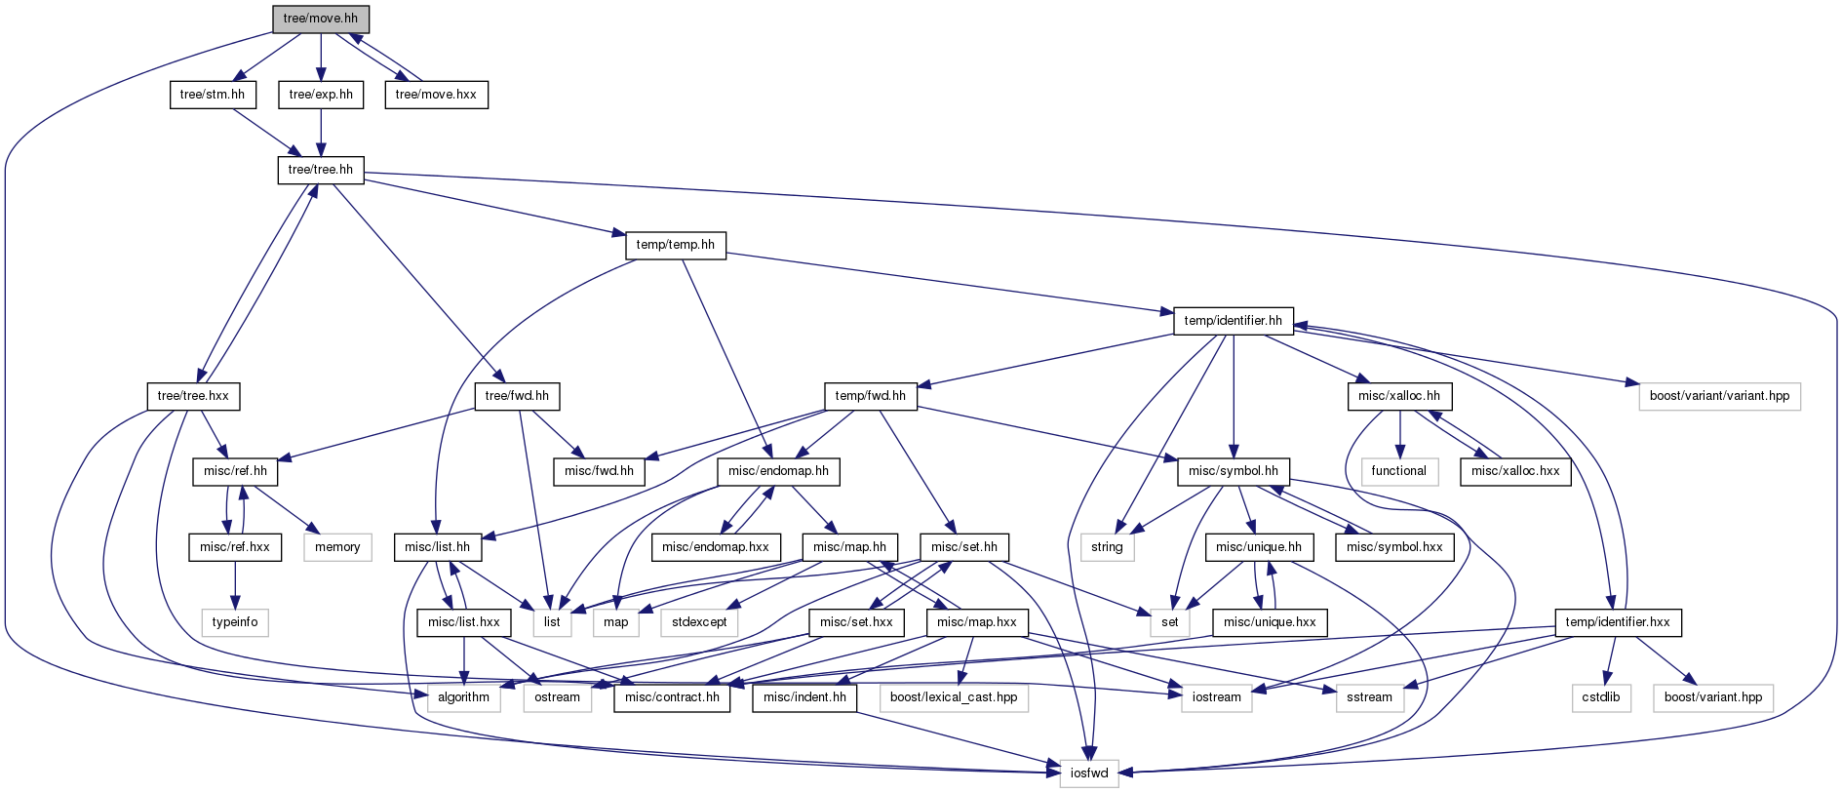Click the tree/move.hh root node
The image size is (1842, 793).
pyautogui.click(x=321, y=19)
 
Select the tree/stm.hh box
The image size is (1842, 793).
pyautogui.click(x=213, y=95)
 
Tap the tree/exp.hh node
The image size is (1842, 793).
pyautogui.click(x=321, y=95)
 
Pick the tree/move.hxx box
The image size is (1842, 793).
pyautogui.click(x=436, y=95)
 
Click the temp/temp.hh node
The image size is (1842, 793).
pyautogui.click(x=676, y=245)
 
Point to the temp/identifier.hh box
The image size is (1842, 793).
pyautogui.click(x=1234, y=321)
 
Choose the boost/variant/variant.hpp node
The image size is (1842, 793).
pyautogui.click(x=1720, y=396)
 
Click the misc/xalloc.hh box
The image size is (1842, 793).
pyautogui.click(x=1399, y=396)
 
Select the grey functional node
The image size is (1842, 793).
pyautogui.click(x=1399, y=471)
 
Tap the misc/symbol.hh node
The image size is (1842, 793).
pyautogui.click(x=1234, y=471)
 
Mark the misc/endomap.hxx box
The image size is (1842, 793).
pyautogui.click(x=716, y=547)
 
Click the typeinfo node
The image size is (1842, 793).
pyautogui.click(x=235, y=622)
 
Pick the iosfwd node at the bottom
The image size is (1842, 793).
pyautogui.click(x=1089, y=773)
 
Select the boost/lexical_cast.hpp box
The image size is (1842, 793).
pyautogui.click(x=954, y=697)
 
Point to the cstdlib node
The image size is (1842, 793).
pyautogui.click(x=1601, y=697)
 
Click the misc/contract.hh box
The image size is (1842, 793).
pyautogui.click(x=673, y=697)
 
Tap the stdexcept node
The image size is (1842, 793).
pyautogui.click(x=699, y=622)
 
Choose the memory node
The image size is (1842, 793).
pyautogui.click(x=337, y=547)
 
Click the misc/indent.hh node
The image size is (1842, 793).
pyautogui.click(x=805, y=697)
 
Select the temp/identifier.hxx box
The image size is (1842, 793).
pyautogui.click(x=1618, y=622)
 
